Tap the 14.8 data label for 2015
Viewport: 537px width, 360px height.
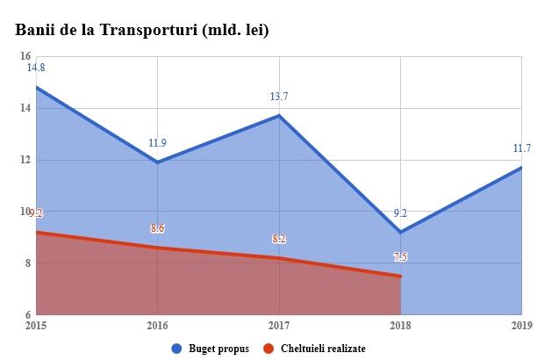[36, 68]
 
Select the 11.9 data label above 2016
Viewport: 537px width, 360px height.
[158, 142]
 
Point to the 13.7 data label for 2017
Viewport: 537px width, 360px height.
[279, 96]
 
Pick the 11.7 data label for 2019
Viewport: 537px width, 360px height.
[522, 148]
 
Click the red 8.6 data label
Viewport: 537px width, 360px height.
[158, 228]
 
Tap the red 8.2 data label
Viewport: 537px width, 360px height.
[279, 239]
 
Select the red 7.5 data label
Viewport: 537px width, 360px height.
[400, 256]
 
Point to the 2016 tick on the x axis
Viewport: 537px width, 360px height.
[158, 326]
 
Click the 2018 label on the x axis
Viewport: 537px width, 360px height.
[400, 326]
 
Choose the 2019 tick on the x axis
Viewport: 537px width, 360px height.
[522, 326]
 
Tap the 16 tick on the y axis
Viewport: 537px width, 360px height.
[25, 56]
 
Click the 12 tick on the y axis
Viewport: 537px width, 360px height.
[25, 160]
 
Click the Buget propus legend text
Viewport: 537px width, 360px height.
[218, 349]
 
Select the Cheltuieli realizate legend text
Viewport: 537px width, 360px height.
[324, 349]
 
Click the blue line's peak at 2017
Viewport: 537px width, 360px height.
[279, 116]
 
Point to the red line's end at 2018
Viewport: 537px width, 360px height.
[400, 276]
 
